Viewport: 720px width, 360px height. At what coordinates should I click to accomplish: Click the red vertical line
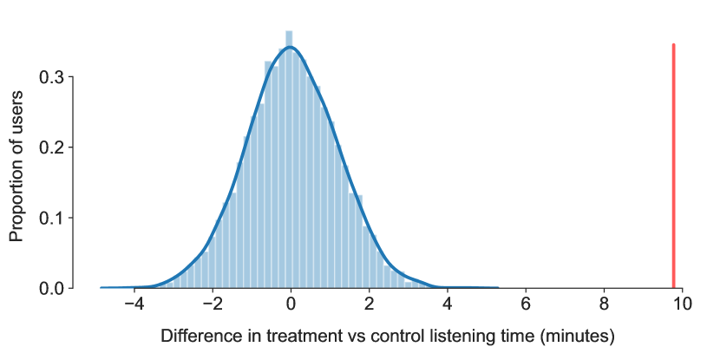674,166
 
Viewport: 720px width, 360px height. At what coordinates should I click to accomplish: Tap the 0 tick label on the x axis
291,304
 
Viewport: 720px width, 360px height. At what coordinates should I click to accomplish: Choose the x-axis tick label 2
370,304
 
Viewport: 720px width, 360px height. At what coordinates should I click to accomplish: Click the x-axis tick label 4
448,304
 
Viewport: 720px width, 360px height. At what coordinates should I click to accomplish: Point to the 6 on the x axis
526,304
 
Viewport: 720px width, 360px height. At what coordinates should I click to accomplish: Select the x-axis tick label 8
605,304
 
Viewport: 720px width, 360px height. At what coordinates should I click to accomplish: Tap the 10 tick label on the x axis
683,304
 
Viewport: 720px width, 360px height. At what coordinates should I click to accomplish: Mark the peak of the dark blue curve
289,47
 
